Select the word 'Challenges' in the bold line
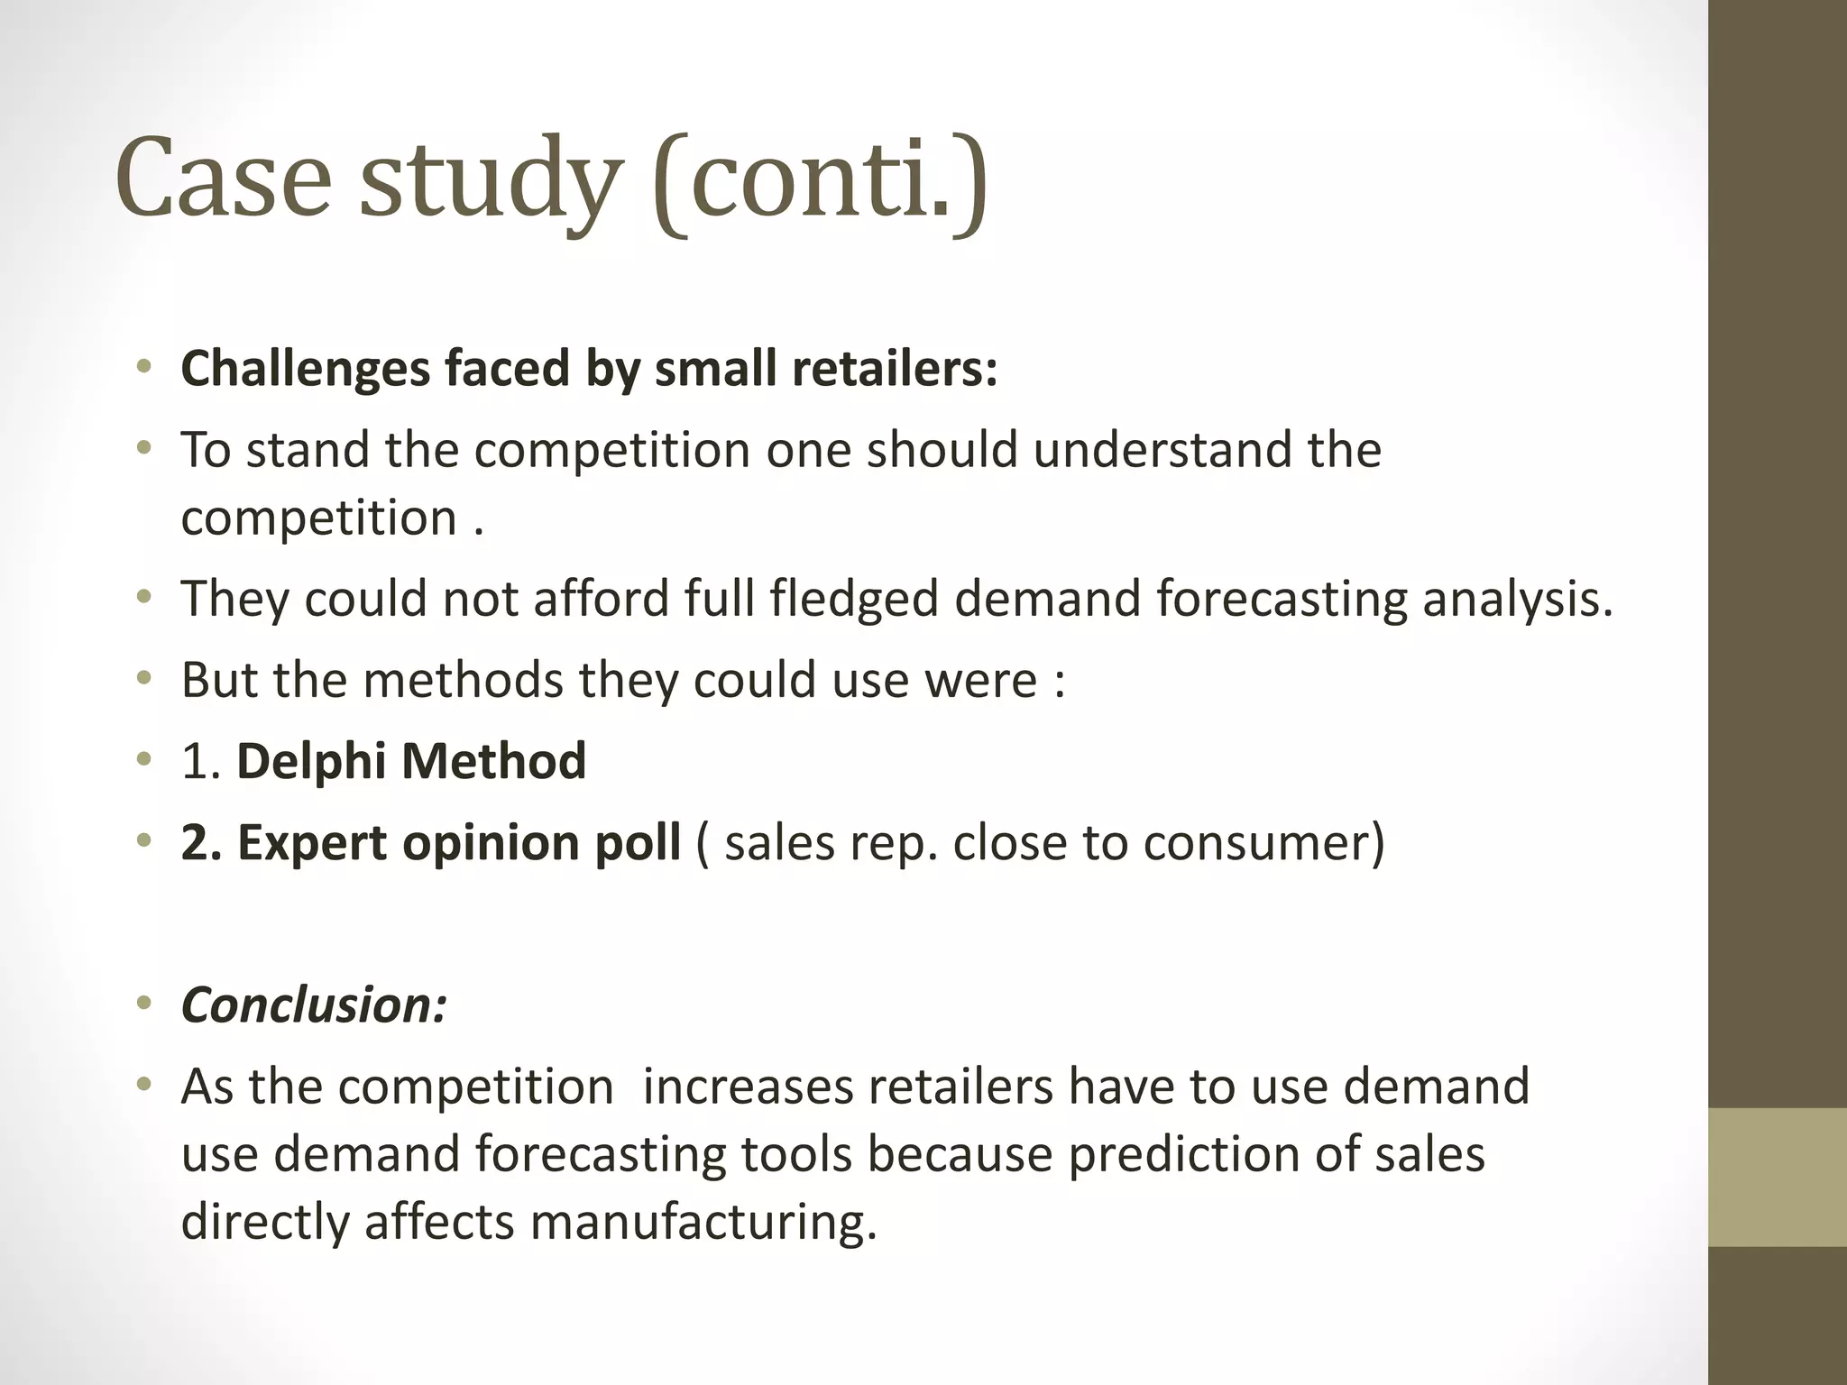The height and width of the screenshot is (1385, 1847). [x=305, y=369]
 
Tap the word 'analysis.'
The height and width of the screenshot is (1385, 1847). [x=1517, y=600]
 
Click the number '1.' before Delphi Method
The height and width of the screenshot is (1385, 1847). [x=201, y=762]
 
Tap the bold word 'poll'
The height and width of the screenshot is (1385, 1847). [x=641, y=844]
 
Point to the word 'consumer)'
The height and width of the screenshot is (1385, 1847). [x=1263, y=844]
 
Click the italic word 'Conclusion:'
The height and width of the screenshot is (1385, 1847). [x=314, y=1005]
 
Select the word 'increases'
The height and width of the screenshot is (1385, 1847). [x=748, y=1087]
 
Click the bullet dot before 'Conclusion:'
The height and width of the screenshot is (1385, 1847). [x=144, y=1004]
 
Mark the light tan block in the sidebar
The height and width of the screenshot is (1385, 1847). [x=1778, y=1177]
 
